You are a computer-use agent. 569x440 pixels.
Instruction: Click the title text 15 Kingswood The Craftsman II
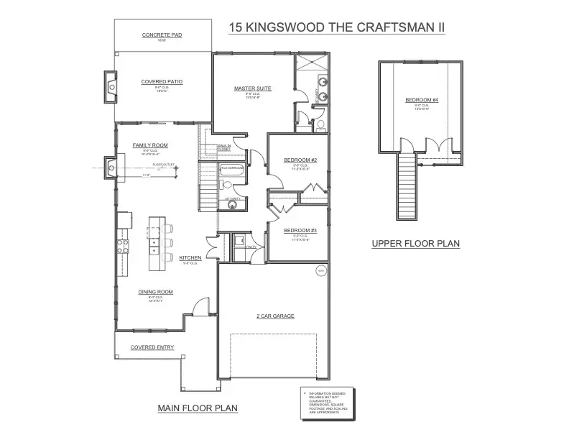[336, 27]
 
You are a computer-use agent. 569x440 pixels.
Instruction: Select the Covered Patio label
[162, 82]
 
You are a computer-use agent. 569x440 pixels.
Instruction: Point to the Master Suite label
[252, 88]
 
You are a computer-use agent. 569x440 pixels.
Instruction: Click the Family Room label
[149, 145]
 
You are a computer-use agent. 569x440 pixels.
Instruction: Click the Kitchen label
[190, 257]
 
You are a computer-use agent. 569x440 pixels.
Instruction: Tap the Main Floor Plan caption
[198, 408]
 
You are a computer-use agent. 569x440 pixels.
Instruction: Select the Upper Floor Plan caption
[415, 244]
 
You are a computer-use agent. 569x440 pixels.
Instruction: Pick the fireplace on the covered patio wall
[110, 87]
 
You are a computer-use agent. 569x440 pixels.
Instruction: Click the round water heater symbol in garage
[321, 271]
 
